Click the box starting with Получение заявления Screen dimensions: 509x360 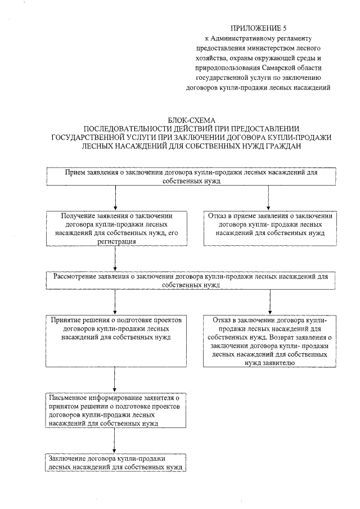point(115,228)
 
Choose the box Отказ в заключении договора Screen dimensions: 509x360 point(269,340)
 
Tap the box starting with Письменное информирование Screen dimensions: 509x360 point(115,411)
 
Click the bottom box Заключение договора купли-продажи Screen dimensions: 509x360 point(115,462)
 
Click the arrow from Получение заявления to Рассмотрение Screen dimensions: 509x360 point(115,259)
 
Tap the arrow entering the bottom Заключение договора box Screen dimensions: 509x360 point(115,441)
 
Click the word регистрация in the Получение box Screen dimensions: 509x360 point(115,240)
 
